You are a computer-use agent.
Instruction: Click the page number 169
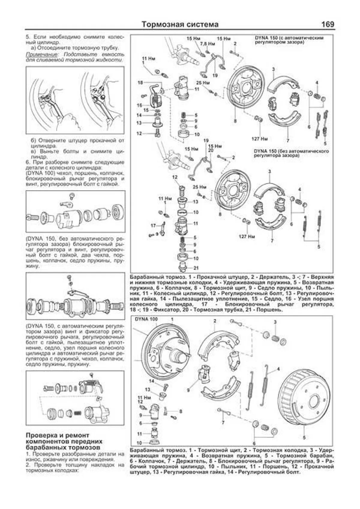(327, 24)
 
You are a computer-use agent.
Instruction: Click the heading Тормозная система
(180, 24)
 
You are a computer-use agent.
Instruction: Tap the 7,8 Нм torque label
(207, 44)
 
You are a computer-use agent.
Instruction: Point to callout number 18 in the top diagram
(140, 82)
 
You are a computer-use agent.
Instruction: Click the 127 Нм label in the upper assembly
(259, 139)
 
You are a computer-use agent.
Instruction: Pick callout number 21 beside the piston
(196, 268)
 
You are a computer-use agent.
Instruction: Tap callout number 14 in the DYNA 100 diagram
(151, 381)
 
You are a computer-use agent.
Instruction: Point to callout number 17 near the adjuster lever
(153, 226)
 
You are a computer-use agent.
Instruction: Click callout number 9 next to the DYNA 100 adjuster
(188, 391)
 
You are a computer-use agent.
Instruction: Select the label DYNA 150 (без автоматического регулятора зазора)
(291, 153)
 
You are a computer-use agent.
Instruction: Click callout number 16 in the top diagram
(139, 105)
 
